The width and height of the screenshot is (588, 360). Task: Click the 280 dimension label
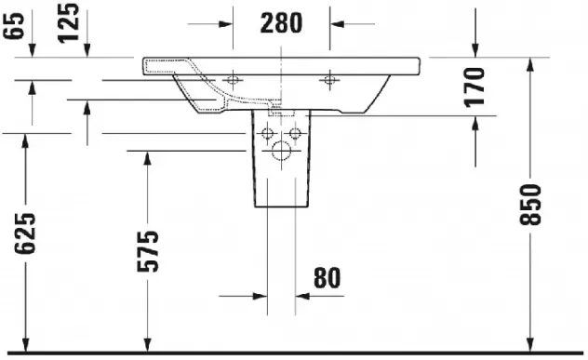coord(281,23)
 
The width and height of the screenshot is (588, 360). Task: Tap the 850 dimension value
coord(530,205)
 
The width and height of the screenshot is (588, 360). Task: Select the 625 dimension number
coord(25,233)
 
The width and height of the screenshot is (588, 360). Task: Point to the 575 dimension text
coord(148,251)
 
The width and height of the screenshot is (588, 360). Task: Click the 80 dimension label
coord(327,278)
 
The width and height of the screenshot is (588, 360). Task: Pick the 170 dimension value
coord(474,87)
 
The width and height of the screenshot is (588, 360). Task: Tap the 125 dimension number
coord(69,23)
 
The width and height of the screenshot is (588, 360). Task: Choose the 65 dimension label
coord(14,25)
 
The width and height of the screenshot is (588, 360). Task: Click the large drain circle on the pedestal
coord(281,151)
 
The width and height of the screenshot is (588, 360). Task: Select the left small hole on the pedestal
coord(267,133)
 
